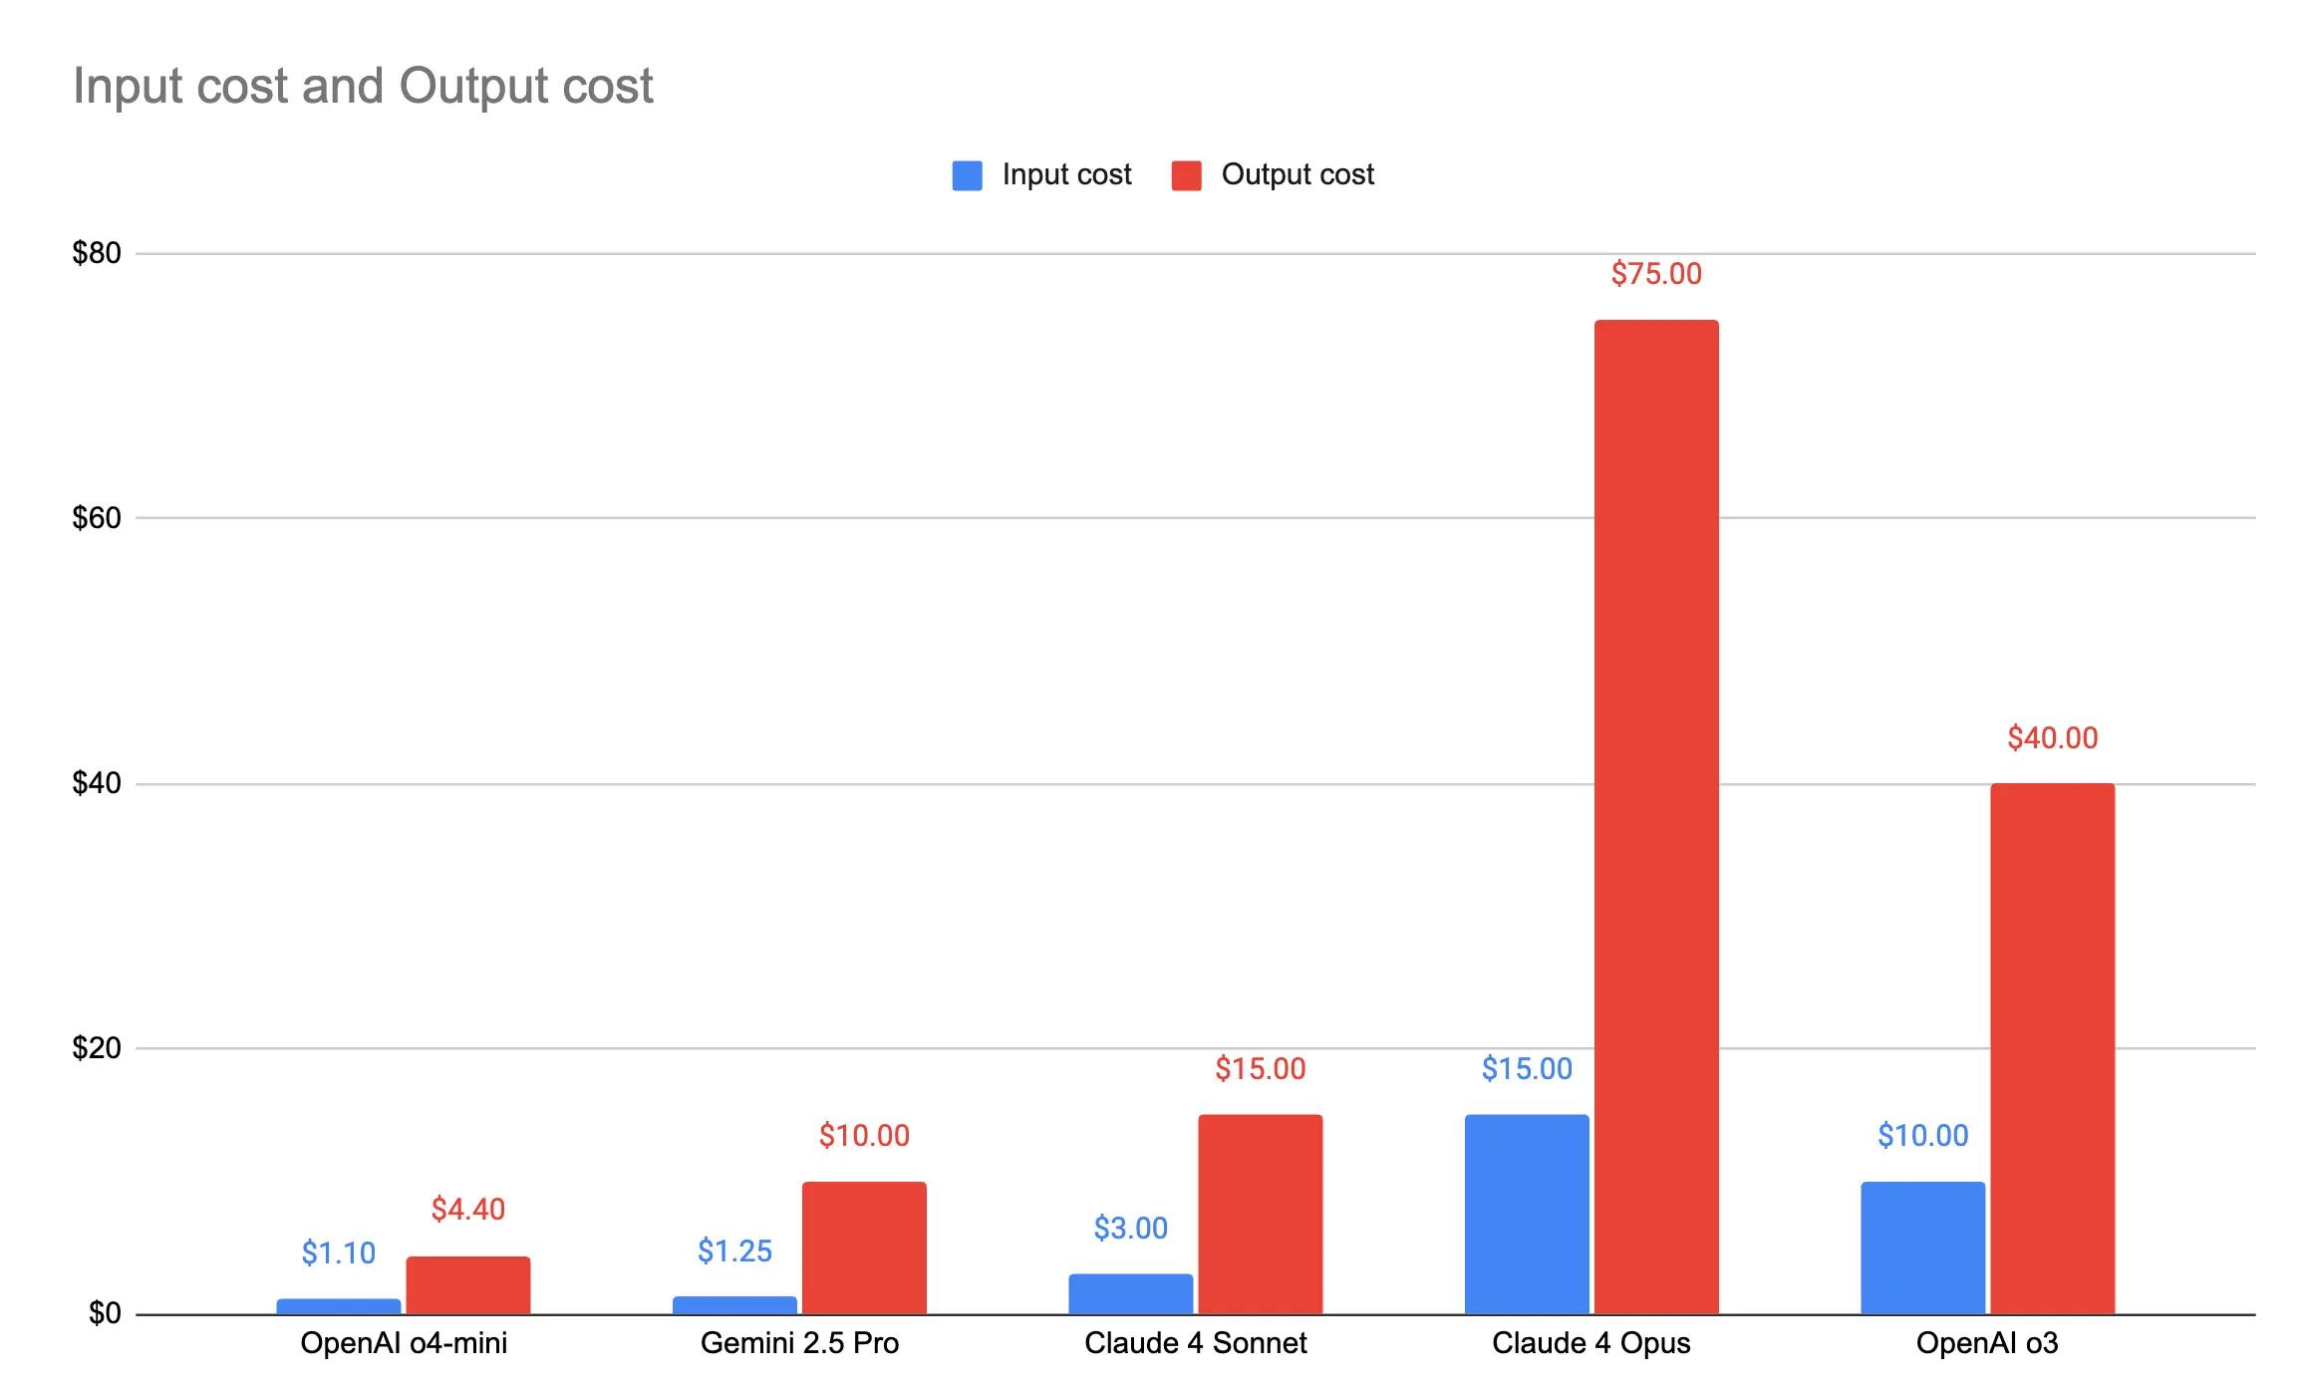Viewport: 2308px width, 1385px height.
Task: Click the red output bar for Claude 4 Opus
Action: pos(1656,817)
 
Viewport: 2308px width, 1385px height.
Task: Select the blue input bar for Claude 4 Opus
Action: pos(1527,1214)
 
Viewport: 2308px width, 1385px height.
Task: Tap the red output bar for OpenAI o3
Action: pos(2052,1048)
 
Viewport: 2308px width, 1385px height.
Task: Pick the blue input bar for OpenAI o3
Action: pos(1922,1247)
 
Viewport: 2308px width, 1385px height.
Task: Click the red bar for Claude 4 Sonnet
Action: pos(1260,1214)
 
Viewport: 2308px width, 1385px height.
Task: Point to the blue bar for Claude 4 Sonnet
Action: pos(1130,1293)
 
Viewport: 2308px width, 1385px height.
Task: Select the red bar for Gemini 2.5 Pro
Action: pos(864,1247)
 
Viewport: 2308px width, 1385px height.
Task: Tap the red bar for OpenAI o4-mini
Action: pos(467,1285)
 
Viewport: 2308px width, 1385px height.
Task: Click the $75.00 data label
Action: pos(1656,274)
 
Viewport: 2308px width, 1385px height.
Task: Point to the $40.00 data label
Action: pos(2052,738)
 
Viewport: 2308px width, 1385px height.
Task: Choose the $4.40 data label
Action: pos(467,1210)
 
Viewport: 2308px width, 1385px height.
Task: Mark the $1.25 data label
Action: pos(734,1251)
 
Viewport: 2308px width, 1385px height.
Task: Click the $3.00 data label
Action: pos(1130,1229)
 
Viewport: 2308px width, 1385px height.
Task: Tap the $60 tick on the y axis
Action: pos(97,518)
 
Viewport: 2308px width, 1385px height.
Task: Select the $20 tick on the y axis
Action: pos(97,1048)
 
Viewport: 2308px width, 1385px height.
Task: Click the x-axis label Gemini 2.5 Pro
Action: pos(799,1343)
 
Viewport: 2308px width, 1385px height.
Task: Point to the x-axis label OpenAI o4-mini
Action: pos(404,1343)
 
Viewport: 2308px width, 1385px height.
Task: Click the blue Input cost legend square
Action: pos(967,175)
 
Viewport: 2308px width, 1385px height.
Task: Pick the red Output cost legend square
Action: pos(1186,175)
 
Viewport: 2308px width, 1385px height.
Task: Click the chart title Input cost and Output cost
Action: pos(363,86)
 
